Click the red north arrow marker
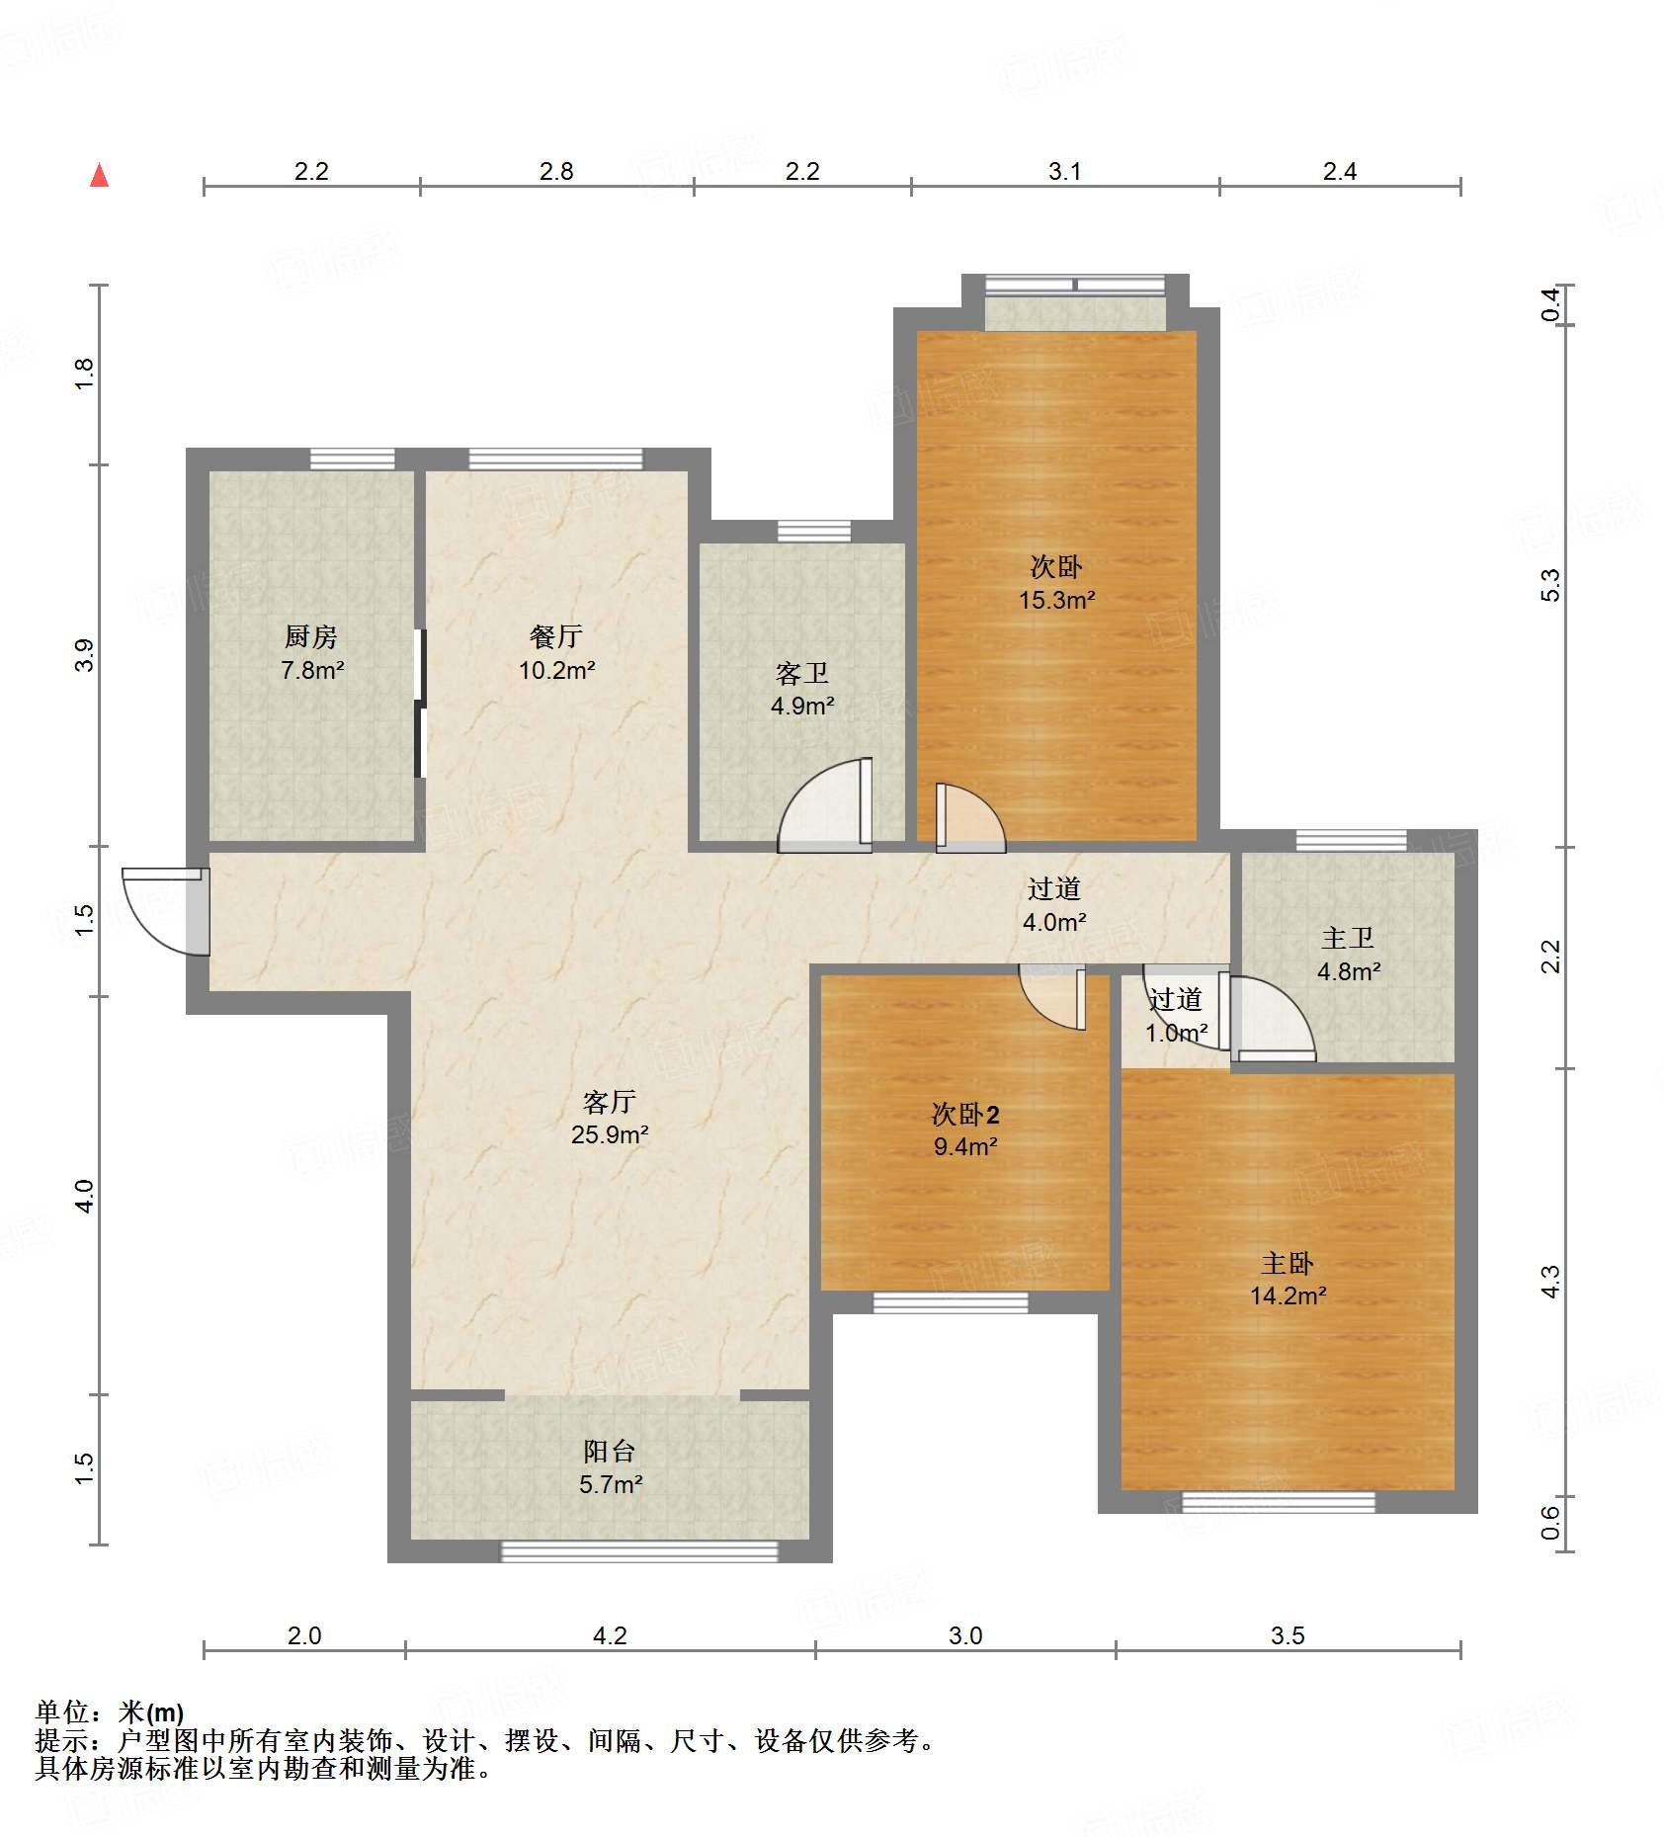coord(99,175)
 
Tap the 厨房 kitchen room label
coord(311,637)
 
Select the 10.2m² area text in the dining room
coord(556,670)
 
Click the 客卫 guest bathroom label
coord(801,674)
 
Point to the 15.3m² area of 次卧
coord(1056,600)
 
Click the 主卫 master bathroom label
coord(1348,938)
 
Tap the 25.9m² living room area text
coord(609,1134)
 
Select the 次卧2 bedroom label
coord(964,1115)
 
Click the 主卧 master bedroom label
coord(1287,1263)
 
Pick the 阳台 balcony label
coord(609,1451)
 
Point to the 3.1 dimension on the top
coord(1064,171)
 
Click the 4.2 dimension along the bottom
coord(610,1635)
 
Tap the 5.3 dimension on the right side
coord(1550,584)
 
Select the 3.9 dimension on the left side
coord(85,655)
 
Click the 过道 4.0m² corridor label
coord(1053,904)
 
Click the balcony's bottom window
coord(639,1551)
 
